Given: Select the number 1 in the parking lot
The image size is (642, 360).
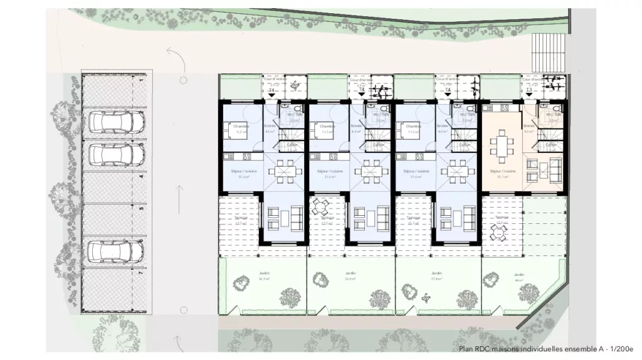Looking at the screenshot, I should click(142, 80).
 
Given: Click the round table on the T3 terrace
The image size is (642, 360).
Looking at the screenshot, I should click(500, 233).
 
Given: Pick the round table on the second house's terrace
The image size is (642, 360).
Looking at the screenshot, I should click(321, 206).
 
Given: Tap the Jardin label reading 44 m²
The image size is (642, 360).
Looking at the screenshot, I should click(518, 277).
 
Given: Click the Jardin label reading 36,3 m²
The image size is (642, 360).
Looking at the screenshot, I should click(263, 277).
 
